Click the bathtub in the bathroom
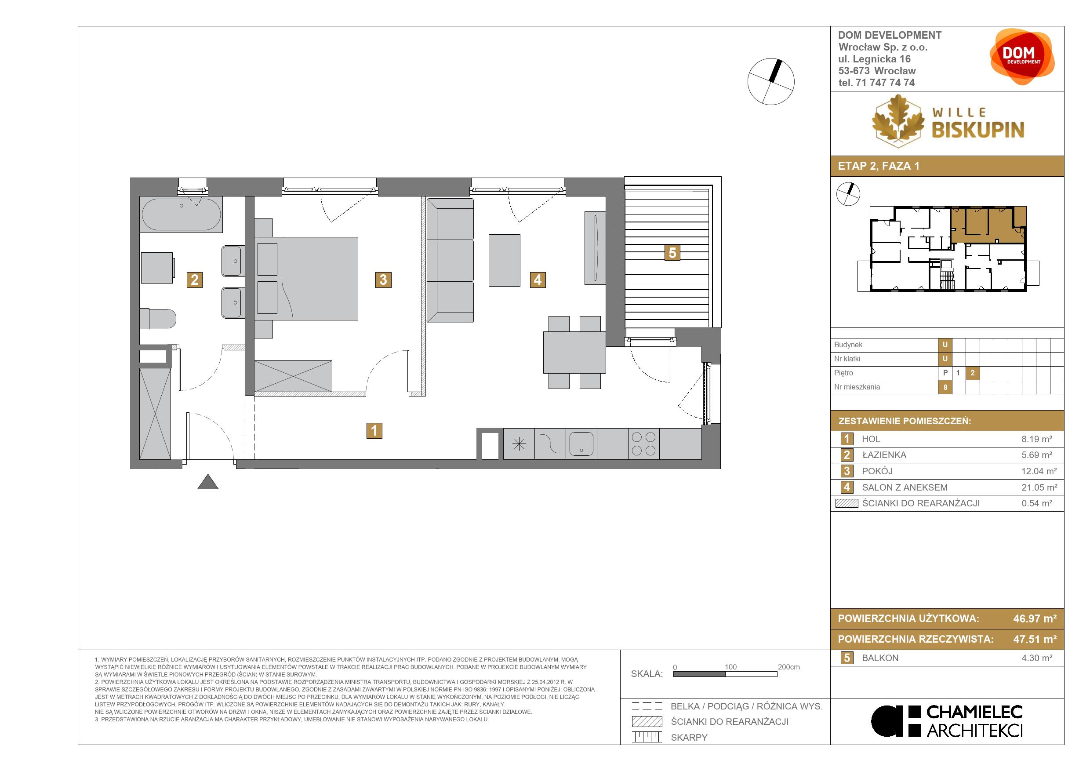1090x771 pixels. [181, 215]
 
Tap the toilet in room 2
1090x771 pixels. [158, 319]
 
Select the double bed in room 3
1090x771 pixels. [306, 279]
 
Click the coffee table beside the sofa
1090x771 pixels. [504, 260]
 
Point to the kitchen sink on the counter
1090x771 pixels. [581, 444]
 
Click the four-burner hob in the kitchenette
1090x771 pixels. [644, 444]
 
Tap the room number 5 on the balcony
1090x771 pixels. [672, 253]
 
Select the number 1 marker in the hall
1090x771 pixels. [374, 431]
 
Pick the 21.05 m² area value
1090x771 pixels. [1039, 487]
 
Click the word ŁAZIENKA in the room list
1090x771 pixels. [884, 455]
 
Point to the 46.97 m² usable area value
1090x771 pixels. [1035, 618]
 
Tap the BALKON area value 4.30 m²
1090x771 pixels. [1037, 658]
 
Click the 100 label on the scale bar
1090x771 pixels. [730, 667]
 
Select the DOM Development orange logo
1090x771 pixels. [1021, 57]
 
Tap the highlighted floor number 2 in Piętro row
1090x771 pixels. [972, 373]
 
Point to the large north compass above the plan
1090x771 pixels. [771, 82]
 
